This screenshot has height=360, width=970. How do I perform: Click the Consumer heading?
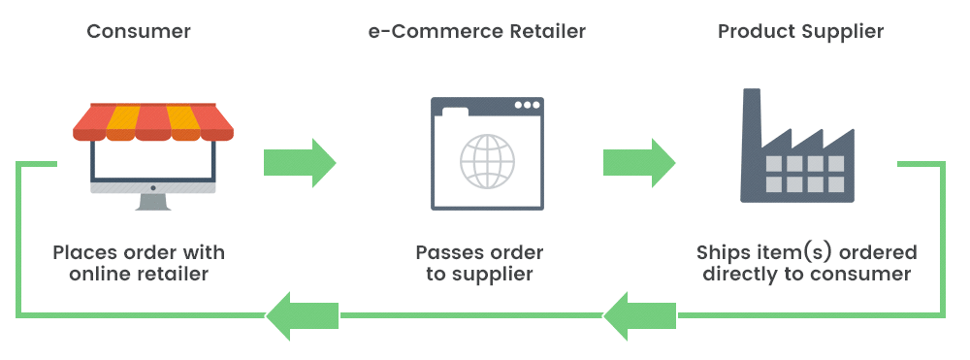point(139,31)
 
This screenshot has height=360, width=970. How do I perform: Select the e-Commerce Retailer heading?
point(477,31)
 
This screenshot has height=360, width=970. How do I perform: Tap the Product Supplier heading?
point(800,31)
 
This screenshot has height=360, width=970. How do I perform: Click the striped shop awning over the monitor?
point(153,121)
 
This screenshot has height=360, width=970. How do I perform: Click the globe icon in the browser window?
point(487,160)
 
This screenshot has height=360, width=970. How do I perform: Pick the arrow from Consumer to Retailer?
point(299,162)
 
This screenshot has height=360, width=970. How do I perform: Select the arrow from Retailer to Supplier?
point(639,162)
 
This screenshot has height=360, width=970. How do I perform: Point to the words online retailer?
point(139,275)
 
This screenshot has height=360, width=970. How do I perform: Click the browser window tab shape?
point(454,114)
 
